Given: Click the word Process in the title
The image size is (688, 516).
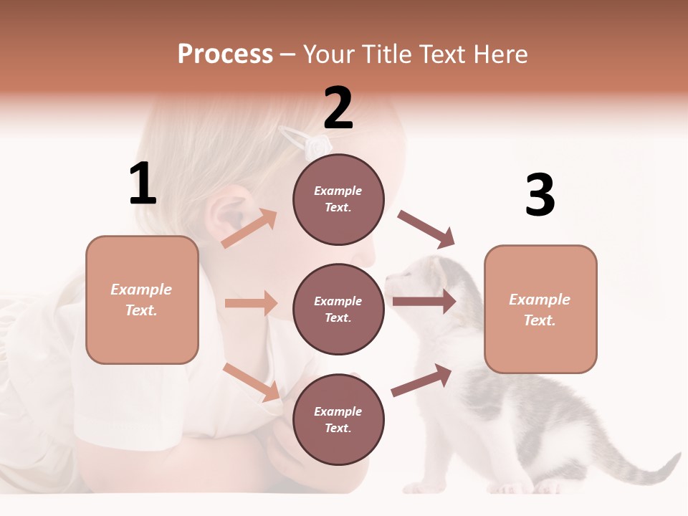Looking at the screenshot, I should [x=225, y=54].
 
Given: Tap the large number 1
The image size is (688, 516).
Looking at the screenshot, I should [x=143, y=183].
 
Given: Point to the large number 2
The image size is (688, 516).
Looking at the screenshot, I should [x=338, y=107].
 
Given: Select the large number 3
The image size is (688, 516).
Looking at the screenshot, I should [x=540, y=196].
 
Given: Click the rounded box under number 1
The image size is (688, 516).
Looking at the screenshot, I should [x=142, y=300].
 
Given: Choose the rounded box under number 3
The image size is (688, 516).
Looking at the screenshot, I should [x=540, y=309].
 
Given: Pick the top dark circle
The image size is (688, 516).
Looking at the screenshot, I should [x=338, y=199].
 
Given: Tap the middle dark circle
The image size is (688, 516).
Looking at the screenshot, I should [x=338, y=309].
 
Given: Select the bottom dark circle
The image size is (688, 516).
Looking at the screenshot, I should [x=338, y=419].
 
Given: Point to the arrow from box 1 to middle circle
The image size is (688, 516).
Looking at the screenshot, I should [x=251, y=303].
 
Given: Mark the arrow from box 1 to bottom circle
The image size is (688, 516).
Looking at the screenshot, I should [x=252, y=382].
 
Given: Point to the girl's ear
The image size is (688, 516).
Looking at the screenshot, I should [x=224, y=212].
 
